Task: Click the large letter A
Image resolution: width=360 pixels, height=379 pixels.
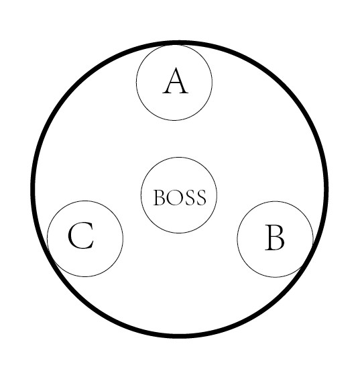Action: (175, 81)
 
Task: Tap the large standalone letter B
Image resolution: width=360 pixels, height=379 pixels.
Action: (275, 237)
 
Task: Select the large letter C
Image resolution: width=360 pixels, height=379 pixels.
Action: (80, 235)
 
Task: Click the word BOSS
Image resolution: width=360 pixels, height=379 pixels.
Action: (180, 197)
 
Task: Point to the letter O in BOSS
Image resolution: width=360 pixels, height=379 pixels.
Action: (173, 197)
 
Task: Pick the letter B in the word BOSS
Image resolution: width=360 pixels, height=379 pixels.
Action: (159, 198)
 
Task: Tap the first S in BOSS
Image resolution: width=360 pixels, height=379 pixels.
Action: (188, 197)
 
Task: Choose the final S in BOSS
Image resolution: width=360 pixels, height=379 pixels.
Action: (201, 197)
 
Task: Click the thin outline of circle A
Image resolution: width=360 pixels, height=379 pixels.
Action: (136, 83)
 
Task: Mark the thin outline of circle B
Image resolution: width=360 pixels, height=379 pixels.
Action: (237, 239)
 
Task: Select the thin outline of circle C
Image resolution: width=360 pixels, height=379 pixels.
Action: (123, 239)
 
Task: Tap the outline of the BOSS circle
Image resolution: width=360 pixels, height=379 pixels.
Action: (141, 195)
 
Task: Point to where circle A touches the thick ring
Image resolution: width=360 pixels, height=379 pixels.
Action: (174, 44)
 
